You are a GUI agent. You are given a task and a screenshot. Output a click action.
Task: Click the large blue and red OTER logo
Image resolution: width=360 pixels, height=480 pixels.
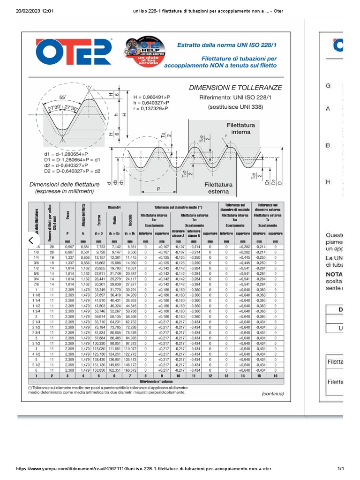[75, 51]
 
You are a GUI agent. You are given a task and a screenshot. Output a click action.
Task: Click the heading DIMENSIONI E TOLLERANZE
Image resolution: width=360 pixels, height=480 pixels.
[235, 88]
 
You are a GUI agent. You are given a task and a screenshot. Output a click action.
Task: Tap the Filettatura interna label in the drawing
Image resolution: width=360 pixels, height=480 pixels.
[241, 129]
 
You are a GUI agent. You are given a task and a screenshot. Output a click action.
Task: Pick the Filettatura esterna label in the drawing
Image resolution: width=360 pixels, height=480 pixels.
[218, 188]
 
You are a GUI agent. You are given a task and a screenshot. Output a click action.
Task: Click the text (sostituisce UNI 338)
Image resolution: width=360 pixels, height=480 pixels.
[235, 107]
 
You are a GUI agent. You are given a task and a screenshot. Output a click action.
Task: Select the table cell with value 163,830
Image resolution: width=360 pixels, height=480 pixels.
[99, 370]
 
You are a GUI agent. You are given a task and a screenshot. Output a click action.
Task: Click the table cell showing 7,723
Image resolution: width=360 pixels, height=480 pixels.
[99, 246]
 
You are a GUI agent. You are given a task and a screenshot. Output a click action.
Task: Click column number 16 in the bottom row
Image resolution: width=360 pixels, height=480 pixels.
[275, 376]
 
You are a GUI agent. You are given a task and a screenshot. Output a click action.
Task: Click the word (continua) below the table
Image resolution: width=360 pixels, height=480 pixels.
[273, 394]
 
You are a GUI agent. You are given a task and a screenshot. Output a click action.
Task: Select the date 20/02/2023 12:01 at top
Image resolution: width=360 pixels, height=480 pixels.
[32, 11]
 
